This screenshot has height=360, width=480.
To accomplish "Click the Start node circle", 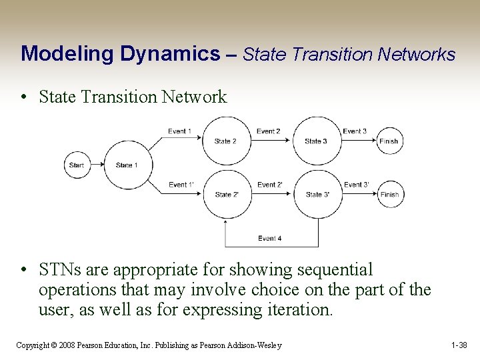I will tap(77, 165).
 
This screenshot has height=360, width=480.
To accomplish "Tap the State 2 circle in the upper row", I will tap(225, 141).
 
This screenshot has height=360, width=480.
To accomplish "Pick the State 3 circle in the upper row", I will tap(316, 141).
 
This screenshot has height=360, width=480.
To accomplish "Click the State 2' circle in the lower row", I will tap(225, 194).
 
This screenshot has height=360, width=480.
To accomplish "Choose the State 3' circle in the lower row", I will tap(317, 194).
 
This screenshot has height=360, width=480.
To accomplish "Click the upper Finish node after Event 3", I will tap(389, 141).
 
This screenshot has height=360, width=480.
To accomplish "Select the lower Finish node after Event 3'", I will tap(389, 194).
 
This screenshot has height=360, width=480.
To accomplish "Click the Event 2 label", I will tap(268, 131).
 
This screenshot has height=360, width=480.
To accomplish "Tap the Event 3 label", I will tap(355, 131).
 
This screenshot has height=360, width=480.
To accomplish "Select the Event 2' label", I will tap(269, 185).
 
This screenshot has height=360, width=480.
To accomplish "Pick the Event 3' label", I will tap(356, 185).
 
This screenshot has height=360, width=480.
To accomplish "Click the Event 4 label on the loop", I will tap(270, 238).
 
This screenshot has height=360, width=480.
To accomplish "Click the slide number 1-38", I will tap(460, 345).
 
